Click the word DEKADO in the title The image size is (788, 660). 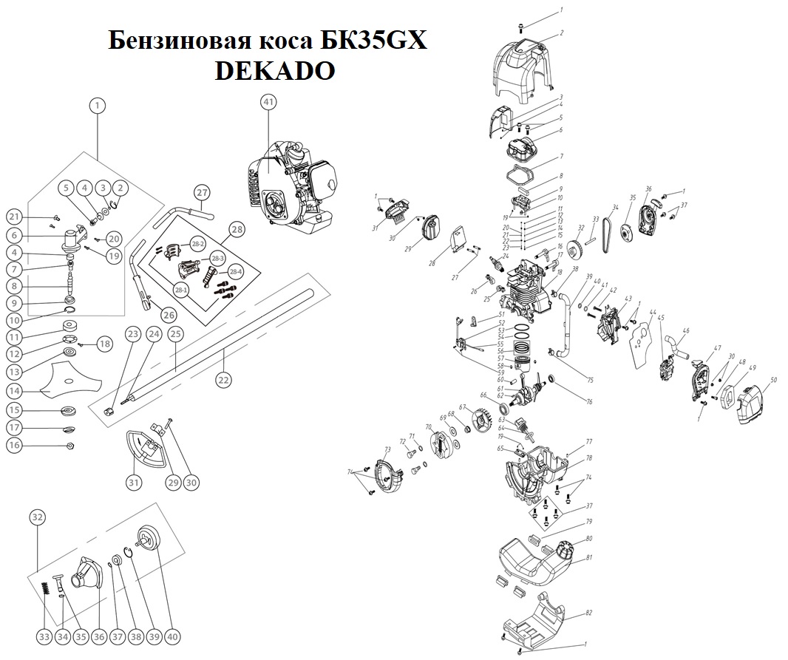point(274,70)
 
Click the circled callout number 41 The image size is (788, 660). point(268,102)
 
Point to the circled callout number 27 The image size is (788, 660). point(202,192)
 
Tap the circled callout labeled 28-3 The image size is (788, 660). point(217,258)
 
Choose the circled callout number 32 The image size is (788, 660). point(38,517)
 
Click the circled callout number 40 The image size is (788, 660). point(173,636)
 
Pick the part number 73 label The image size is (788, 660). point(387,449)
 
